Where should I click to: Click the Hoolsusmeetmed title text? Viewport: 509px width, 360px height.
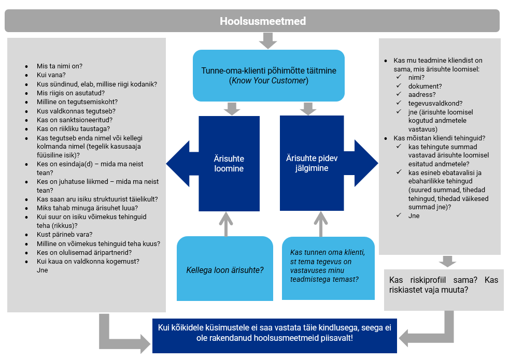tap(263, 21)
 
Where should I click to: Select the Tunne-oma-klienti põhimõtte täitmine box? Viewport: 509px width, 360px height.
tap(268, 76)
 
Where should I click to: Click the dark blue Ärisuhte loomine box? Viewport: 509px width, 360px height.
tap(229, 164)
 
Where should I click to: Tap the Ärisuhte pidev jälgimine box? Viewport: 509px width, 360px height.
tap(312, 163)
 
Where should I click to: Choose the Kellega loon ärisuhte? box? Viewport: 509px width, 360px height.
tap(224, 268)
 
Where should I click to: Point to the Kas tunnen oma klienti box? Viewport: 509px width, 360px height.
tap(328, 268)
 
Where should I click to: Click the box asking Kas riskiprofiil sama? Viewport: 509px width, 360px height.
tap(444, 290)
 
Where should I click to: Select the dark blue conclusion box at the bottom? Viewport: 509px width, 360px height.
tap(275, 336)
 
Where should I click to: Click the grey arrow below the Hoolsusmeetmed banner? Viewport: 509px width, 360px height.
tap(268, 40)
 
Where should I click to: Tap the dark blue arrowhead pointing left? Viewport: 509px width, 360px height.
tap(178, 164)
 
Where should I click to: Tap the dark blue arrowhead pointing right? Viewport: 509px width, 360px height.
tap(366, 163)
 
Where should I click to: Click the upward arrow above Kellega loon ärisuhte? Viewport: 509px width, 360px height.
tap(226, 224)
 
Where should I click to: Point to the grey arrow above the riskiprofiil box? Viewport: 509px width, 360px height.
tap(447, 262)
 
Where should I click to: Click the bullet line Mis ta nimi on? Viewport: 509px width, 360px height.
tap(60, 66)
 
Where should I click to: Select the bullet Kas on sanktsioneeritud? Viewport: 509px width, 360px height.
tap(75, 120)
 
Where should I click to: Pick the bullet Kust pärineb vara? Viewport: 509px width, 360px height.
tap(65, 235)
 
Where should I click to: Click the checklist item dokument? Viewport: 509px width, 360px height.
tap(425, 87)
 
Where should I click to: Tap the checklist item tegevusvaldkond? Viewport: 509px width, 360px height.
tap(435, 104)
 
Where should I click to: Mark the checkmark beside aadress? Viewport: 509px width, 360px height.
tap(399, 94)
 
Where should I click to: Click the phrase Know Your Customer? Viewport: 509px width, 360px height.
tap(269, 81)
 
